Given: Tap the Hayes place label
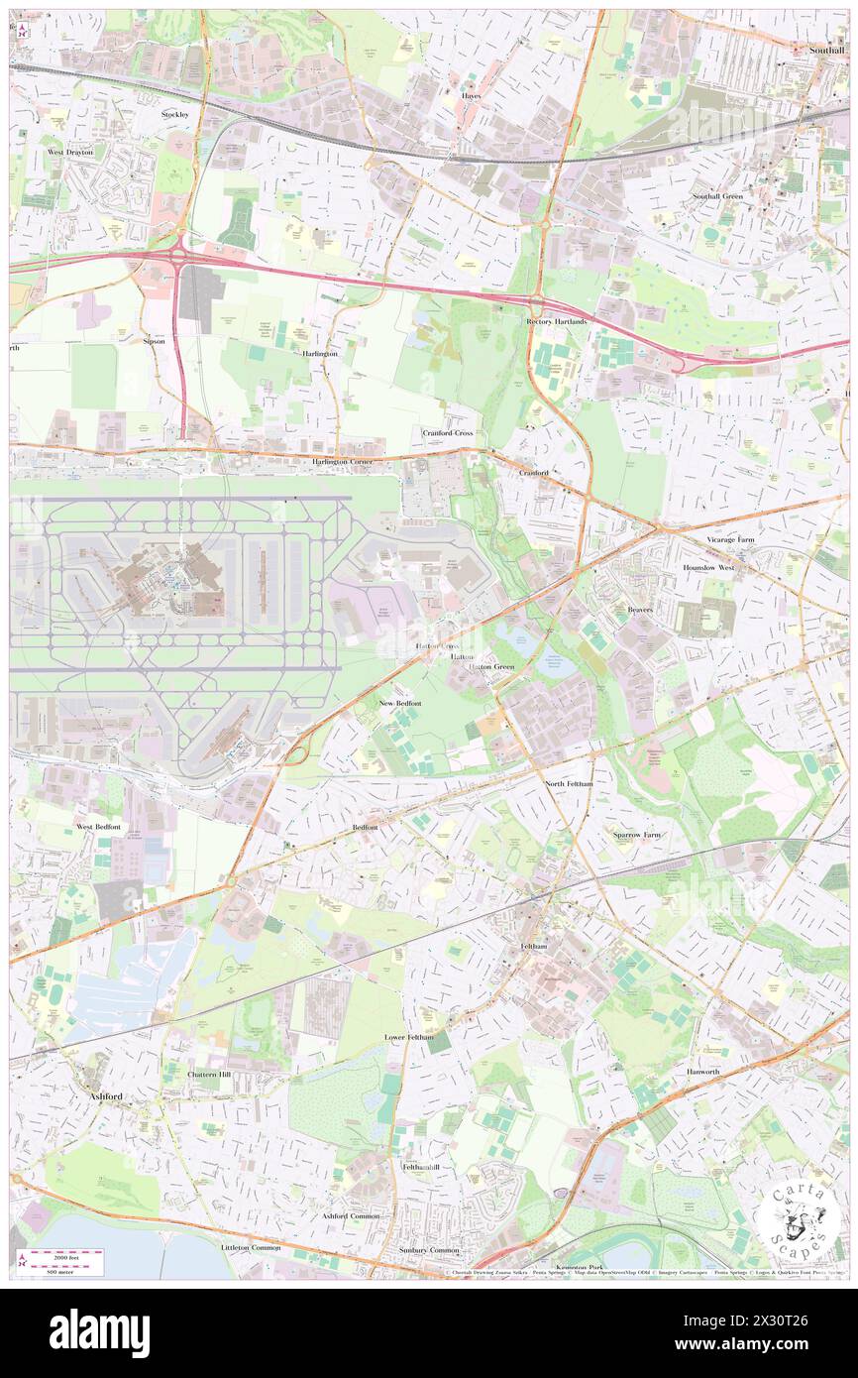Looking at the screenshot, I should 471,95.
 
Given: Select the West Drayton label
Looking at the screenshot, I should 70,153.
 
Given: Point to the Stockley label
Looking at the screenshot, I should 175,115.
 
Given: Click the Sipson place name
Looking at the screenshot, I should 154,340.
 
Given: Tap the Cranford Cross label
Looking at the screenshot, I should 448,433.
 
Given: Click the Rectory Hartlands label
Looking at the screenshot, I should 556,322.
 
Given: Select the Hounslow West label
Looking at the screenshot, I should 708,568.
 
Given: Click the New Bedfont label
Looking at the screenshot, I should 400,703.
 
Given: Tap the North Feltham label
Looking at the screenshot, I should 569,783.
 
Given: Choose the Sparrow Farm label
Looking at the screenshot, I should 636,835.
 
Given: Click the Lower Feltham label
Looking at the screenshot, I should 408,1037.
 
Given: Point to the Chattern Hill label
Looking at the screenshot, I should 209,1075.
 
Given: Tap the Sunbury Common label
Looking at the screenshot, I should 429,1250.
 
